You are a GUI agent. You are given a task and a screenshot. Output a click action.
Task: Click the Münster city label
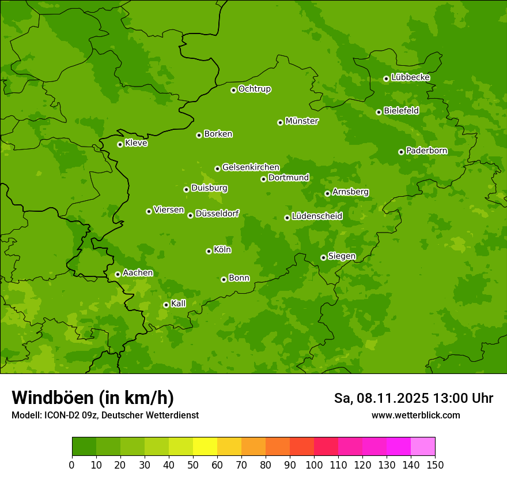click(301, 121)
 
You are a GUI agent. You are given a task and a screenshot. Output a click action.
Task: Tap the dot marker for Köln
click(209, 251)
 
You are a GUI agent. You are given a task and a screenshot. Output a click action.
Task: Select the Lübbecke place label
click(410, 77)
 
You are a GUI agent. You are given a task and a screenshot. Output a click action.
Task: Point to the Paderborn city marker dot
click(401, 152)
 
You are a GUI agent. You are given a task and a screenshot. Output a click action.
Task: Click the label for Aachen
click(138, 273)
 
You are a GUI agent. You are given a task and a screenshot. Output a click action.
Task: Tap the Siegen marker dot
click(323, 257)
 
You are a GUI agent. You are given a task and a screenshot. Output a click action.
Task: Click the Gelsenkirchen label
click(251, 167)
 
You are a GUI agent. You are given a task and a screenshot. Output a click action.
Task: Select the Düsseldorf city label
click(217, 214)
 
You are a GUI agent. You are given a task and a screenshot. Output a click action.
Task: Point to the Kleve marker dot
click(120, 144)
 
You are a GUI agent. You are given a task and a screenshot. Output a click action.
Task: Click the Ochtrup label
click(254, 89)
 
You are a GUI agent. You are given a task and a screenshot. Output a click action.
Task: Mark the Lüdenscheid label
click(317, 216)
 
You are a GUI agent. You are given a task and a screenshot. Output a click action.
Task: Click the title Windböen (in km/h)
click(93, 398)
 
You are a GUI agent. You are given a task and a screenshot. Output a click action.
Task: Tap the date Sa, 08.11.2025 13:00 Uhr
click(413, 398)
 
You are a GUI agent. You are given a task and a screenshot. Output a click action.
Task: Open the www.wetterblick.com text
click(415, 416)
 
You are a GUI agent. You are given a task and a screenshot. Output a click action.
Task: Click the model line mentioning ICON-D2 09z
click(105, 416)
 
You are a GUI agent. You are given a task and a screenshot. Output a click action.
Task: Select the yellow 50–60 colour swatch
click(205, 447)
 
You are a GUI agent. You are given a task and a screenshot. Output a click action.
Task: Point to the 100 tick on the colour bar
click(314, 465)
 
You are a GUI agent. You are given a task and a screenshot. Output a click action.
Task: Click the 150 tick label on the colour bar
click(435, 465)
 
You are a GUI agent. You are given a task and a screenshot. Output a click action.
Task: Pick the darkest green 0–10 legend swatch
click(84, 447)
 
